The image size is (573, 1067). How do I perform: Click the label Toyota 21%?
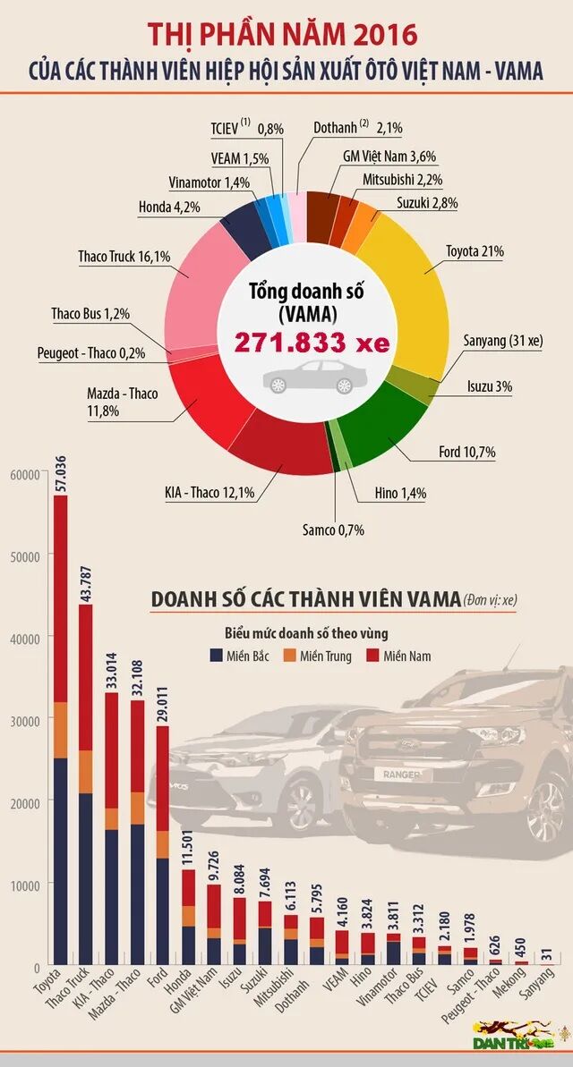pos(475,251)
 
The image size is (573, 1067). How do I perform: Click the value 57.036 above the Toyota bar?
pos(61,472)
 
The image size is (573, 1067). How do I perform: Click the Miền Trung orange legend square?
pos(291,655)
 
